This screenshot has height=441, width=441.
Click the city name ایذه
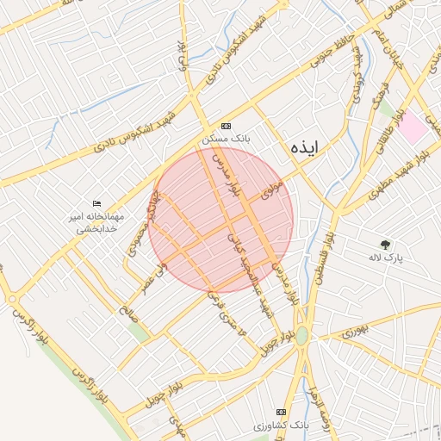[304, 146]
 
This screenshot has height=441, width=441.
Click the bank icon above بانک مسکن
[226, 125]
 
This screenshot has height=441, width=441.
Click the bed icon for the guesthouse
[96, 202]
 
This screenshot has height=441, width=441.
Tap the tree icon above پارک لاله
[384, 244]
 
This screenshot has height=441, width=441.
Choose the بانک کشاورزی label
[280, 425]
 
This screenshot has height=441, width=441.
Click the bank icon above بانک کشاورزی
[280, 412]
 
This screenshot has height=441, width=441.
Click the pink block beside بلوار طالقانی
[413, 129]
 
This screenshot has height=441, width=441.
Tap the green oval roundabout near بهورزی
[301, 334]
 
